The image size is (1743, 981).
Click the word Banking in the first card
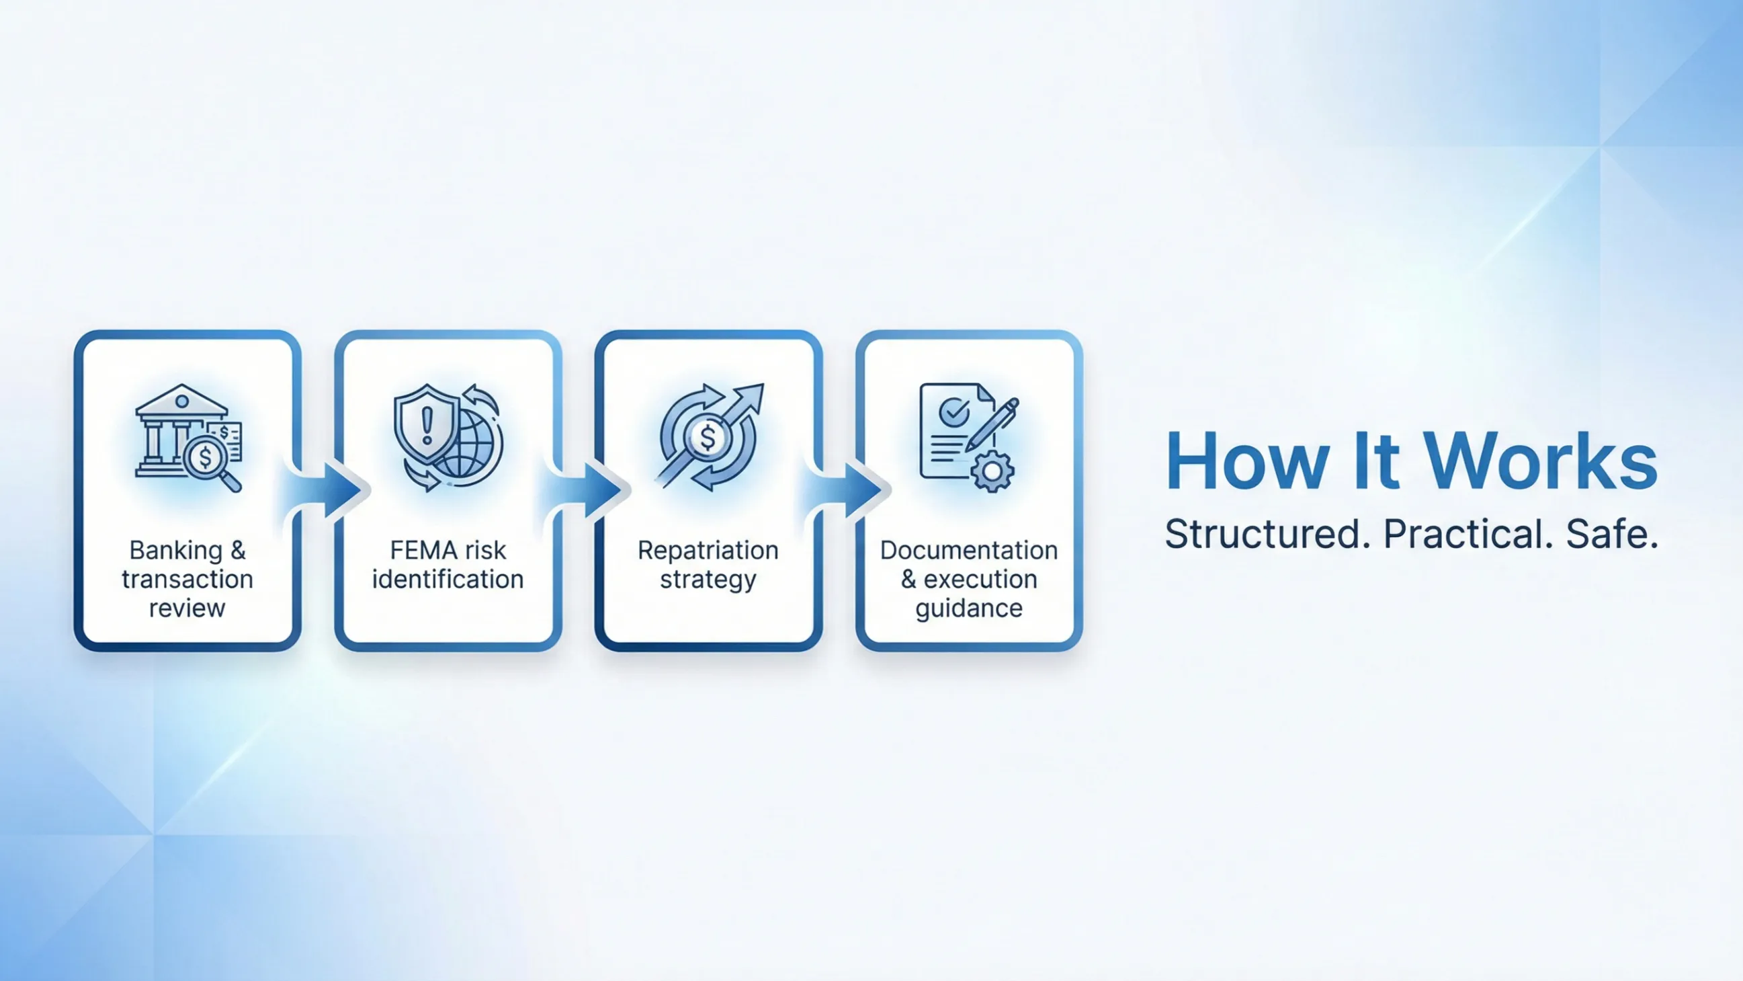(x=176, y=551)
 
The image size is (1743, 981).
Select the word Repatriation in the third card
(x=708, y=551)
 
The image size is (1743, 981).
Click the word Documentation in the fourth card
(x=969, y=551)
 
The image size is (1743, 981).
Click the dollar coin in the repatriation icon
(x=708, y=437)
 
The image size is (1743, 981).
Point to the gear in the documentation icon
(x=992, y=471)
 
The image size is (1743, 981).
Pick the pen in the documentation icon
(x=992, y=424)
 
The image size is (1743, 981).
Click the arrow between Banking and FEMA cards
(x=323, y=489)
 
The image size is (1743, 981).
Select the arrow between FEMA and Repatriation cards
(x=584, y=489)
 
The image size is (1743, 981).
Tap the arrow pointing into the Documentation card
(x=845, y=489)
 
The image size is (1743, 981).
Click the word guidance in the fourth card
(x=969, y=609)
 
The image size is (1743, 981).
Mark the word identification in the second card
(x=448, y=580)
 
